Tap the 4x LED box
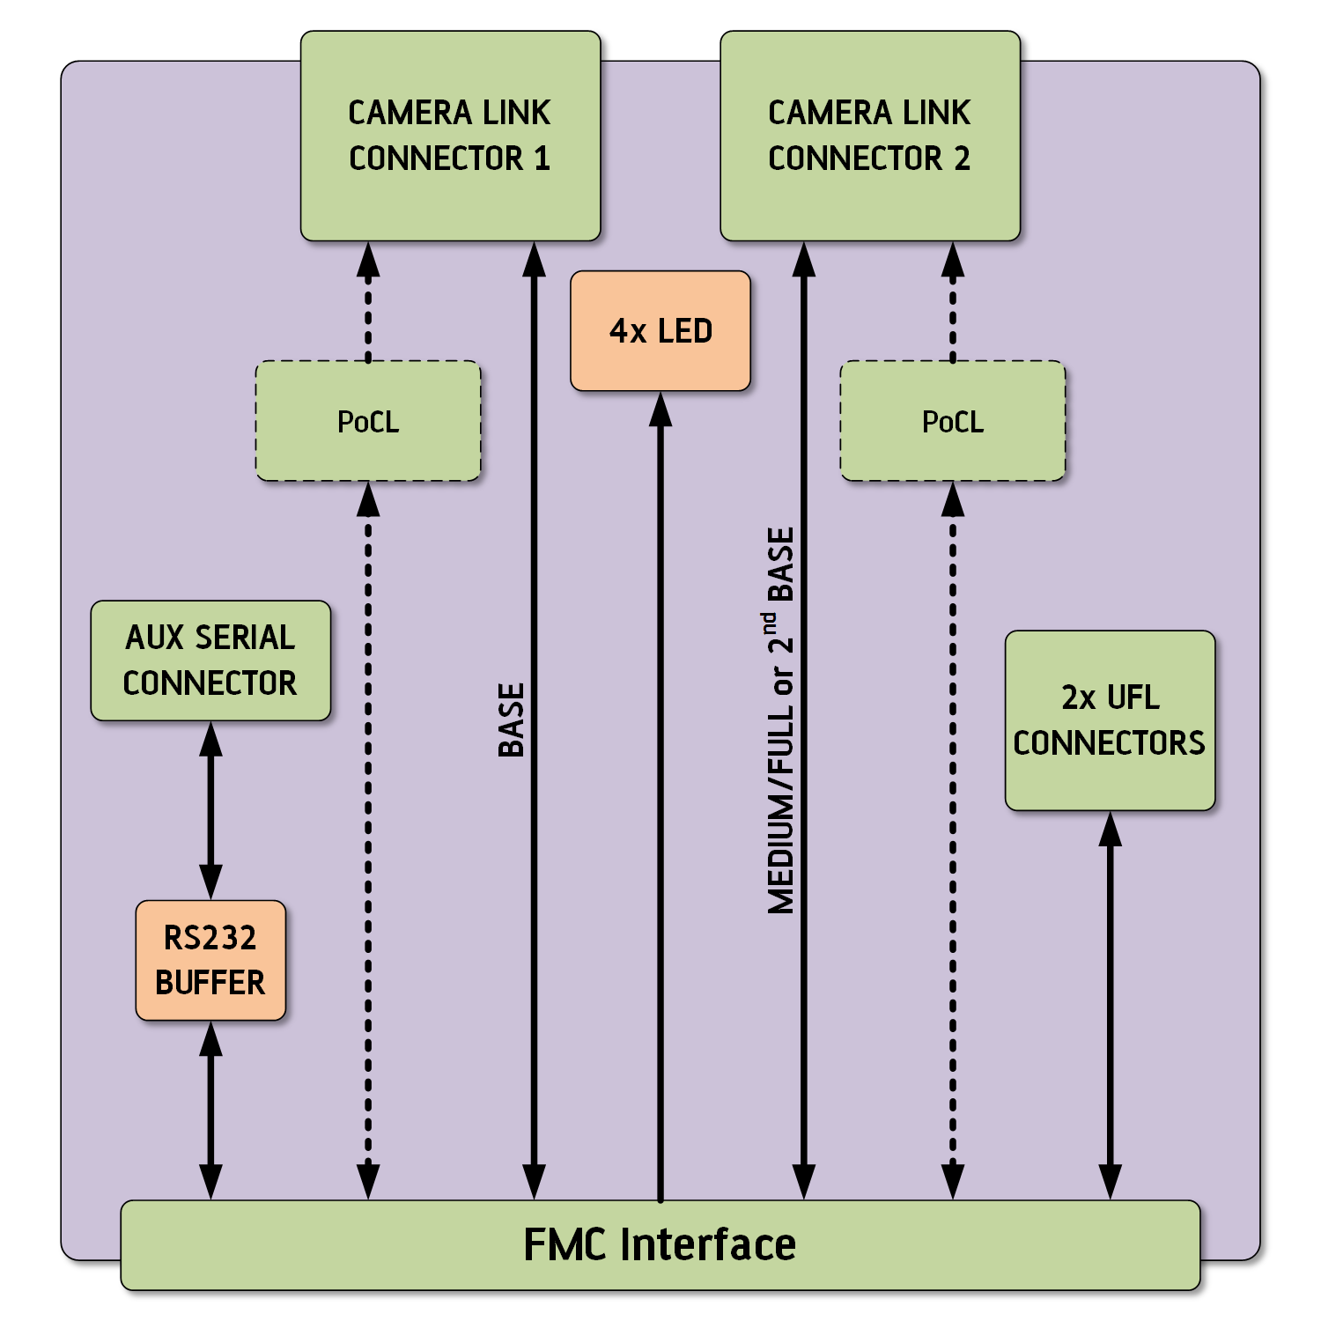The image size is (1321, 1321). (660, 331)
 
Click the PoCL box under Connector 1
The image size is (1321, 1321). (368, 422)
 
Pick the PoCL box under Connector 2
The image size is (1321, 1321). (953, 422)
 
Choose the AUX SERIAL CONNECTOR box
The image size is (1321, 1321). (210, 660)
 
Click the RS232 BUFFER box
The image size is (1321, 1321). (210, 961)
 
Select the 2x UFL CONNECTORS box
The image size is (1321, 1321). (1110, 720)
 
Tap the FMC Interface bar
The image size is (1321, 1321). (660, 1245)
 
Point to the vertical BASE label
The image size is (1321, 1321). (512, 720)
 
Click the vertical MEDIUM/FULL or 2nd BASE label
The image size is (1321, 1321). (781, 720)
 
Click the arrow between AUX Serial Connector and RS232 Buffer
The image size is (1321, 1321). (210, 810)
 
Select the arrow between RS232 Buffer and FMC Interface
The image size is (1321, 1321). (210, 1110)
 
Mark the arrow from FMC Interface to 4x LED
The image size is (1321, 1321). (660, 793)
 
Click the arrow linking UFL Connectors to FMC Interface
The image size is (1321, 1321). (1111, 1004)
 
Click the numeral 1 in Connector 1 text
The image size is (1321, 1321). (542, 159)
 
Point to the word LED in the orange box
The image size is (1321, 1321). (685, 331)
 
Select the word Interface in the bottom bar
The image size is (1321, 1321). (708, 1245)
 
